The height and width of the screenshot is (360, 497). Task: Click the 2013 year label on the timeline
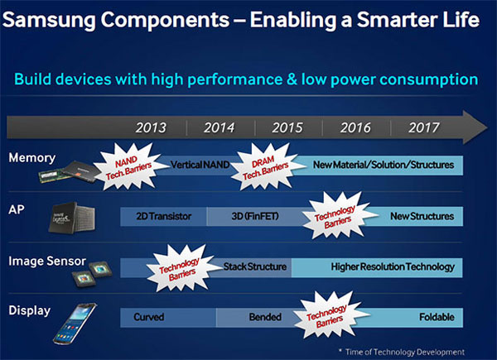(151, 128)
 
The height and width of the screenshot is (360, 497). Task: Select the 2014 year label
(219, 128)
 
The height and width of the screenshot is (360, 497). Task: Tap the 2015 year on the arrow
(287, 128)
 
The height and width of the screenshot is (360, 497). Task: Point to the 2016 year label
(354, 128)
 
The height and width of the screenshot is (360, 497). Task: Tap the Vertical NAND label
(199, 166)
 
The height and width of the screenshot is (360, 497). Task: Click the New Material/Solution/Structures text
(384, 166)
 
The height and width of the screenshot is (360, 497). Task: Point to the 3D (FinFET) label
(248, 217)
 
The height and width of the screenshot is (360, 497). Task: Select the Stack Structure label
(255, 266)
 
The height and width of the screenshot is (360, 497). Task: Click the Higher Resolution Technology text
(393, 266)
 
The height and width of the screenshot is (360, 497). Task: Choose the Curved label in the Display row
(149, 317)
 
